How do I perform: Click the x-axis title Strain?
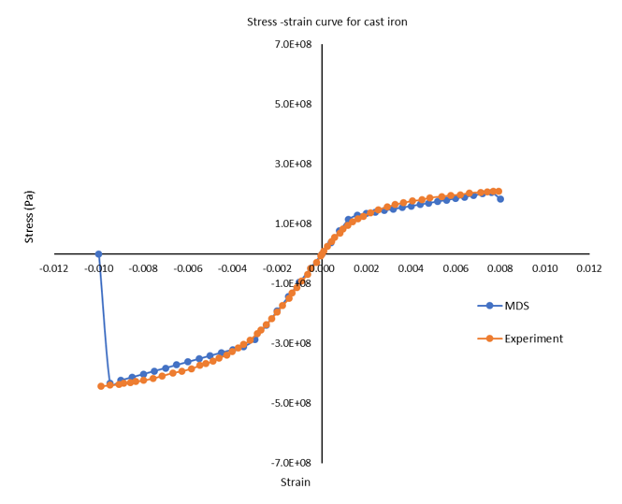tap(296, 482)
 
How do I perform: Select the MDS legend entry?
tap(521, 306)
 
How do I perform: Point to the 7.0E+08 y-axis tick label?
tap(291, 45)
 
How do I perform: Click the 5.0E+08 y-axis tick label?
tap(291, 105)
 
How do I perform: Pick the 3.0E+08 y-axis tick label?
tap(291, 165)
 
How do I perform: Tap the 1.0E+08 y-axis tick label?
tap(291, 224)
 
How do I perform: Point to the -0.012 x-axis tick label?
tap(54, 269)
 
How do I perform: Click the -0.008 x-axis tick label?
tap(143, 269)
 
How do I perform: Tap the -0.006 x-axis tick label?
tap(188, 269)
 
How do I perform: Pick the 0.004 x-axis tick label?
tap(411, 269)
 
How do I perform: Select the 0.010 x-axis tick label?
tap(544, 269)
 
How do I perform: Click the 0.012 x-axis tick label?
tap(589, 269)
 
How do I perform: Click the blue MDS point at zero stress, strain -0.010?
tap(99, 253)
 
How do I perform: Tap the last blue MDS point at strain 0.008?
tap(500, 199)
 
